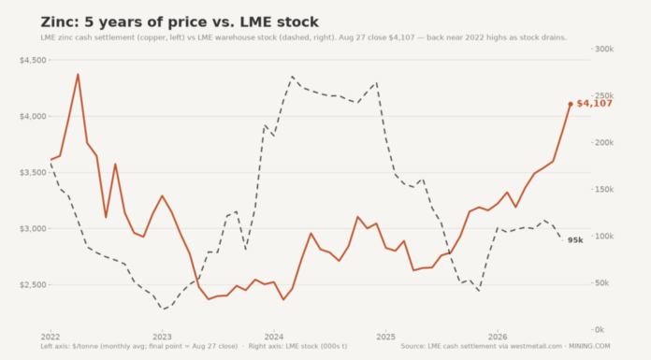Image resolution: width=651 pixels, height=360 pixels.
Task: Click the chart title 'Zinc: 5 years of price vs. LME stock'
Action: (180, 22)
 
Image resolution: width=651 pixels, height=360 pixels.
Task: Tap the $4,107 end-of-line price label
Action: (594, 104)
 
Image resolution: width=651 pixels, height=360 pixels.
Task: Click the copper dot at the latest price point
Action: (571, 104)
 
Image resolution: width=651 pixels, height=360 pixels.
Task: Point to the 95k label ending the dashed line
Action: (575, 240)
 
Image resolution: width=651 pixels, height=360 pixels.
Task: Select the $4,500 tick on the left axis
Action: (33, 60)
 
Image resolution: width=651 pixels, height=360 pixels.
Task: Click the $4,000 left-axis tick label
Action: (33, 116)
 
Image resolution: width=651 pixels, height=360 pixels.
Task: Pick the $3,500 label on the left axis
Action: (33, 172)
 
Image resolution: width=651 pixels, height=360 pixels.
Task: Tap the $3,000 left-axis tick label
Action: (33, 228)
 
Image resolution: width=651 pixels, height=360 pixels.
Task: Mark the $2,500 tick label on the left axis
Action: (33, 285)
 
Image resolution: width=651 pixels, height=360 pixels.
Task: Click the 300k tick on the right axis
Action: (604, 49)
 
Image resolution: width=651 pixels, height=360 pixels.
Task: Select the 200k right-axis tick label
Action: (604, 143)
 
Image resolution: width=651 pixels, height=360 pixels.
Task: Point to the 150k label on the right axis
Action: (604, 190)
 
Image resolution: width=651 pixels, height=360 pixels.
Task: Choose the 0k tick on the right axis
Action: (600, 330)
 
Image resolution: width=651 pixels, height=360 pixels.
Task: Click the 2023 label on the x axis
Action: (162, 337)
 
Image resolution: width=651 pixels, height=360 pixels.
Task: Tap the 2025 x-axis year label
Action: (385, 337)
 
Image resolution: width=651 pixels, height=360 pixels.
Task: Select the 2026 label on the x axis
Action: (498, 337)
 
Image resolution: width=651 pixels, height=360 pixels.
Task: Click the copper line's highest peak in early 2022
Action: (78, 74)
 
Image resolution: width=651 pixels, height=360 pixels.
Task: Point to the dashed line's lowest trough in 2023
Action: (164, 310)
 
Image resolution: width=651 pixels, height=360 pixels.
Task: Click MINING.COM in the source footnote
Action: (589, 346)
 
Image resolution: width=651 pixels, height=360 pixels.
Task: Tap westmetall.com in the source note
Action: (536, 346)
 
